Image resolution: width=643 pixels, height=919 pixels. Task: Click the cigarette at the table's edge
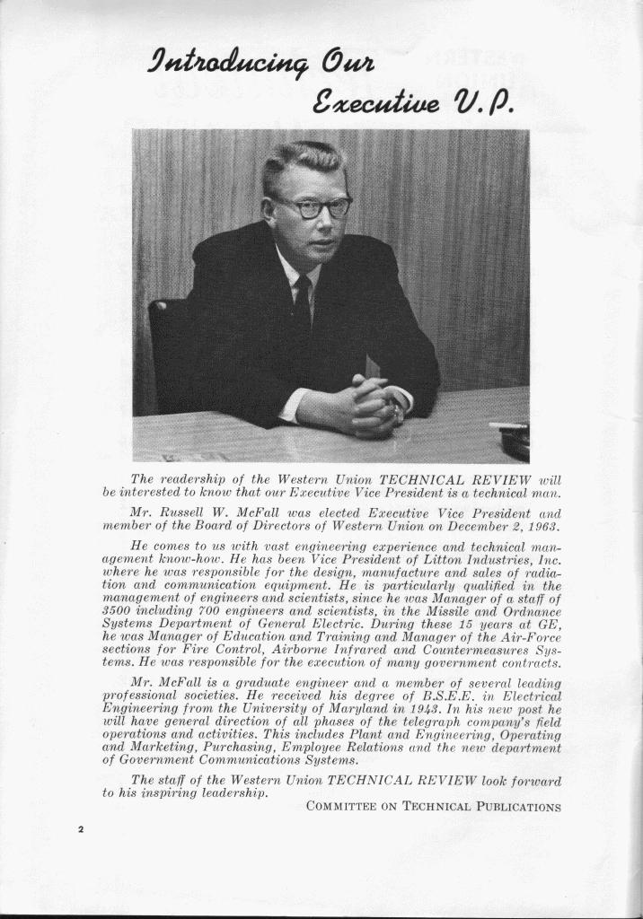point(507,425)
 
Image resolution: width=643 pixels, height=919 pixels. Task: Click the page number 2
point(79,828)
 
